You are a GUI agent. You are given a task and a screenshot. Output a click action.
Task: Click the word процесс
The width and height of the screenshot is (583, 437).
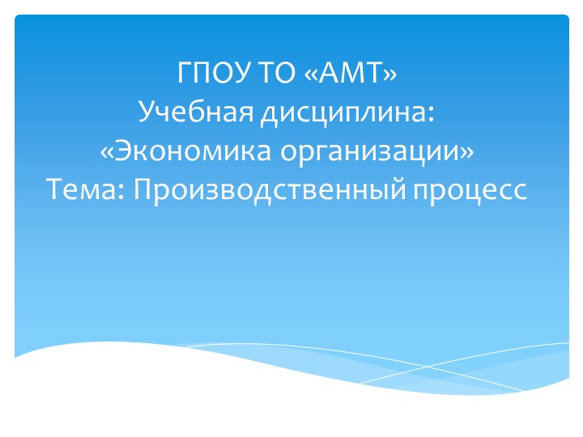tap(470, 190)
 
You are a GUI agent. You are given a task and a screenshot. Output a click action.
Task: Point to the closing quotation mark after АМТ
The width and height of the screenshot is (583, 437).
tap(391, 77)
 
